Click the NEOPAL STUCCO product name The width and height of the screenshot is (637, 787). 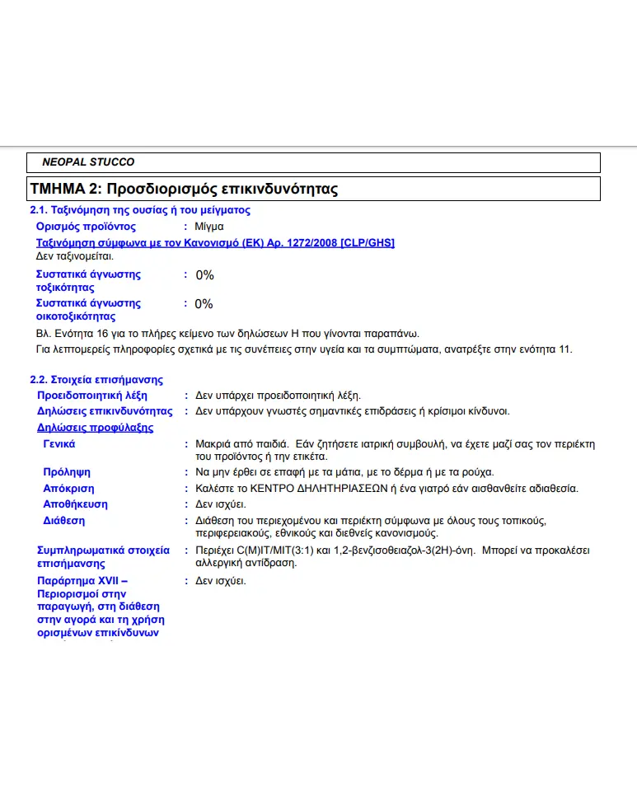(88, 162)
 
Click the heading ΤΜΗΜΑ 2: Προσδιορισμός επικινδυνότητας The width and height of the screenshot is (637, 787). (184, 189)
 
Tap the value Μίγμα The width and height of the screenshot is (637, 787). (209, 226)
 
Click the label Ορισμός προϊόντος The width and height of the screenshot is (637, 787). (86, 226)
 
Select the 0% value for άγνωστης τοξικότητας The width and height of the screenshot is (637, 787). (204, 275)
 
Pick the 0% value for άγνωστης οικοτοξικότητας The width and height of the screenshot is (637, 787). (204, 304)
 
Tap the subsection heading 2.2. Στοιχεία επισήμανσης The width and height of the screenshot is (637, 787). (96, 380)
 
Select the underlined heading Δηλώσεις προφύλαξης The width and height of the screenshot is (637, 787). (95, 428)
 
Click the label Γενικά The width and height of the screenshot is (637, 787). (59, 444)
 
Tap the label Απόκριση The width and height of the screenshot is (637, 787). (68, 488)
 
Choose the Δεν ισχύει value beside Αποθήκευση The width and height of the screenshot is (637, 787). (220, 504)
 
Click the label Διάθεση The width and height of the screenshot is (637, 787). (64, 521)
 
